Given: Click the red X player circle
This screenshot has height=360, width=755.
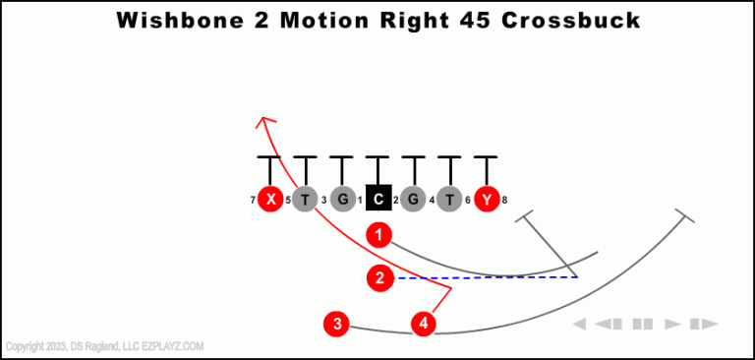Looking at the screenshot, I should point(270,200).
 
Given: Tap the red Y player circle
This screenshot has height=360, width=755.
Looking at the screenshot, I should point(485,200).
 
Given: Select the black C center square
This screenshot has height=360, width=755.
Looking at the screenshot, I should point(378,200).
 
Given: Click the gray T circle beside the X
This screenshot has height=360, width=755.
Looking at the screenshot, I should point(306,200).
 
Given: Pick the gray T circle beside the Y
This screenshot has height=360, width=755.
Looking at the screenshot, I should point(449,200).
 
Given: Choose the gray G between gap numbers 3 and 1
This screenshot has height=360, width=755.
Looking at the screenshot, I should point(341,200).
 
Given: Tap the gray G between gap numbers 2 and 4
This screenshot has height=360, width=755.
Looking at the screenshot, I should point(414,200).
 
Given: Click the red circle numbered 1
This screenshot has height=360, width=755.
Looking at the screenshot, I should point(379,235).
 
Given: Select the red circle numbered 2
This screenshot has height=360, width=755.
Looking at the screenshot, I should point(379,278).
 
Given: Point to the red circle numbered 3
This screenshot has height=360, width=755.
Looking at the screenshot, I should point(337,323).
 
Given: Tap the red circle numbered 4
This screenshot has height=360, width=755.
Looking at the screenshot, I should point(424,323).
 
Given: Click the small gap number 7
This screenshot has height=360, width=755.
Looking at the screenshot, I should point(253,201).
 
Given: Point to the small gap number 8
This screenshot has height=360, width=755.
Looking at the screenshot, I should point(504,201).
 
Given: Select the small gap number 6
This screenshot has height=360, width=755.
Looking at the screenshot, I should point(468,201).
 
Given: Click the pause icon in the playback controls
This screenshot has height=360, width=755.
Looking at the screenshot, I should point(643,324).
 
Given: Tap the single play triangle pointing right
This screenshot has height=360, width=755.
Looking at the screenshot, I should point(673,324).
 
